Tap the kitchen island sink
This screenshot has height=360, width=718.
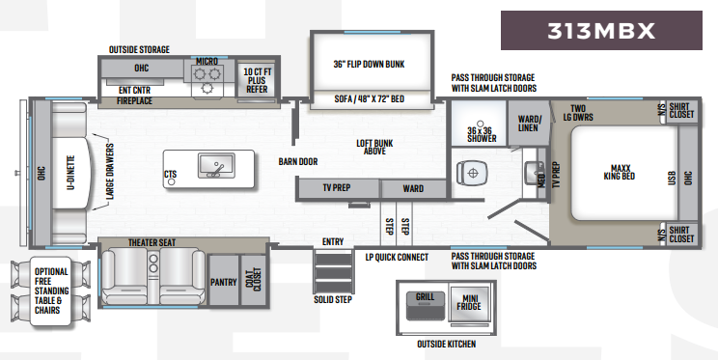point(216,166)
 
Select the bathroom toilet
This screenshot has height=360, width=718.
point(472,171)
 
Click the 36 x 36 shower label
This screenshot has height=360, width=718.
point(482,133)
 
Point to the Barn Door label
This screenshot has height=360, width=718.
point(298,161)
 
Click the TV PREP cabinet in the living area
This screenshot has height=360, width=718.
point(337,188)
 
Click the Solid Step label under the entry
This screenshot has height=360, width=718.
point(332,299)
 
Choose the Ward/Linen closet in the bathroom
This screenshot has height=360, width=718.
point(529,124)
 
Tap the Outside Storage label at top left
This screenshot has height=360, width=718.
point(140,49)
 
